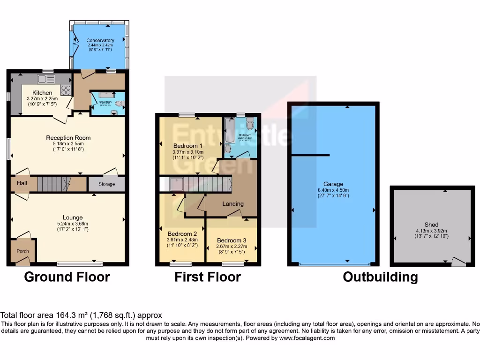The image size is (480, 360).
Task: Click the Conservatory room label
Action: tap(100, 40)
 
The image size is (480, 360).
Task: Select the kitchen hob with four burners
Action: tap(66, 90)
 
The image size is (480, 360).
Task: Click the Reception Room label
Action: tap(68, 138)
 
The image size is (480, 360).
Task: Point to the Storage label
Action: tap(106, 184)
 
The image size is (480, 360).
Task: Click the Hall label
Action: tap(22, 183)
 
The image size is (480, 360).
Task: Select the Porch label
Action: tap(22, 251)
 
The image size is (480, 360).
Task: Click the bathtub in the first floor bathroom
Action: tap(230, 130)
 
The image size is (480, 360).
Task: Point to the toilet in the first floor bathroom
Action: tap(250, 124)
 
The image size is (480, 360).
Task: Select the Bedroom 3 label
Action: tap(232, 240)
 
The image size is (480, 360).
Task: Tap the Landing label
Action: tap(233, 204)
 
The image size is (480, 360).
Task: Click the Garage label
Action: tap(333, 184)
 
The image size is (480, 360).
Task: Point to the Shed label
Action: tap(432, 225)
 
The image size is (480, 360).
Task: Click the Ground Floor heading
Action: tap(67, 277)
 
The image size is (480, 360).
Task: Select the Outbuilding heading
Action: tap(380, 277)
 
